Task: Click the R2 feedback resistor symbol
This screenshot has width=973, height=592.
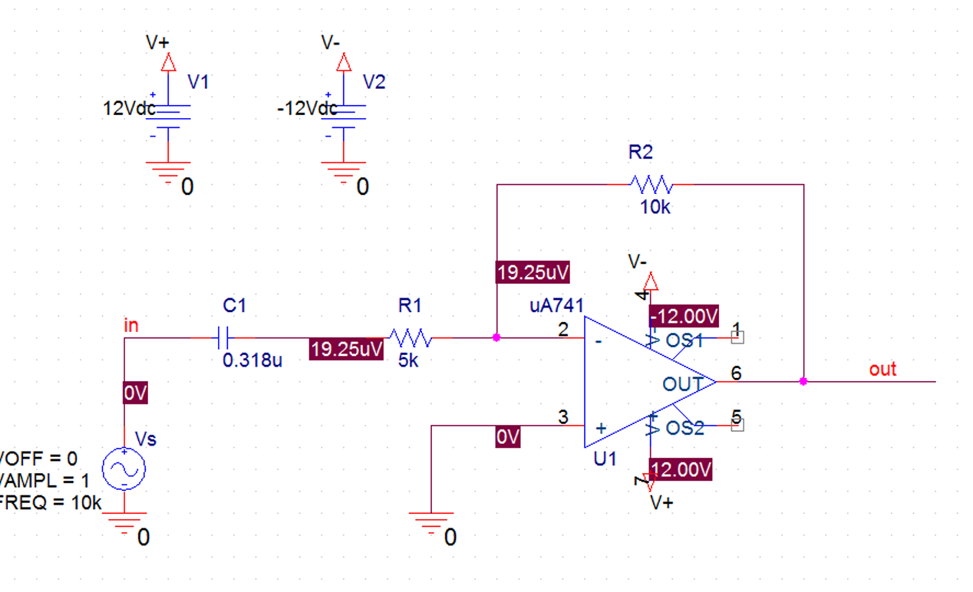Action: (x=651, y=184)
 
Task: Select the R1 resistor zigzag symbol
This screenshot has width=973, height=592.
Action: (x=411, y=337)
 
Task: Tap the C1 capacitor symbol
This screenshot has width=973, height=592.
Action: (x=223, y=337)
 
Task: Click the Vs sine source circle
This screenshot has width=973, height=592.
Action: (x=124, y=469)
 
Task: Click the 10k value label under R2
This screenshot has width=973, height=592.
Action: (x=655, y=207)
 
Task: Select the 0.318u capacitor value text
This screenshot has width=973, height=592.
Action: (x=252, y=360)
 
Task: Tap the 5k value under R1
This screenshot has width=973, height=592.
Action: (x=408, y=360)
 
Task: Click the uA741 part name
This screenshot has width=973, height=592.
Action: (x=556, y=307)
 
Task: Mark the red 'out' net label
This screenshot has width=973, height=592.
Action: (x=882, y=370)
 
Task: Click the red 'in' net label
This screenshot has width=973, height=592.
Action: (x=131, y=325)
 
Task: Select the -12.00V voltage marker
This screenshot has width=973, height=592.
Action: (x=684, y=316)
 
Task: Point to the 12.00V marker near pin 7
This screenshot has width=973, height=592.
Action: (x=681, y=469)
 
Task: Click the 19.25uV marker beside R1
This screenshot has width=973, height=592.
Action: (x=346, y=350)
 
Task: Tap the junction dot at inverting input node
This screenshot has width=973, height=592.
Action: (x=496, y=337)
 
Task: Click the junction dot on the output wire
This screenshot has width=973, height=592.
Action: (x=803, y=381)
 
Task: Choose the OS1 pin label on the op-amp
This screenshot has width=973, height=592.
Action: (x=685, y=341)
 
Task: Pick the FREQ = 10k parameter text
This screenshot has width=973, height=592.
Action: (x=51, y=504)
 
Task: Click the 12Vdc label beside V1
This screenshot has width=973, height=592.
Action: (x=129, y=109)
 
